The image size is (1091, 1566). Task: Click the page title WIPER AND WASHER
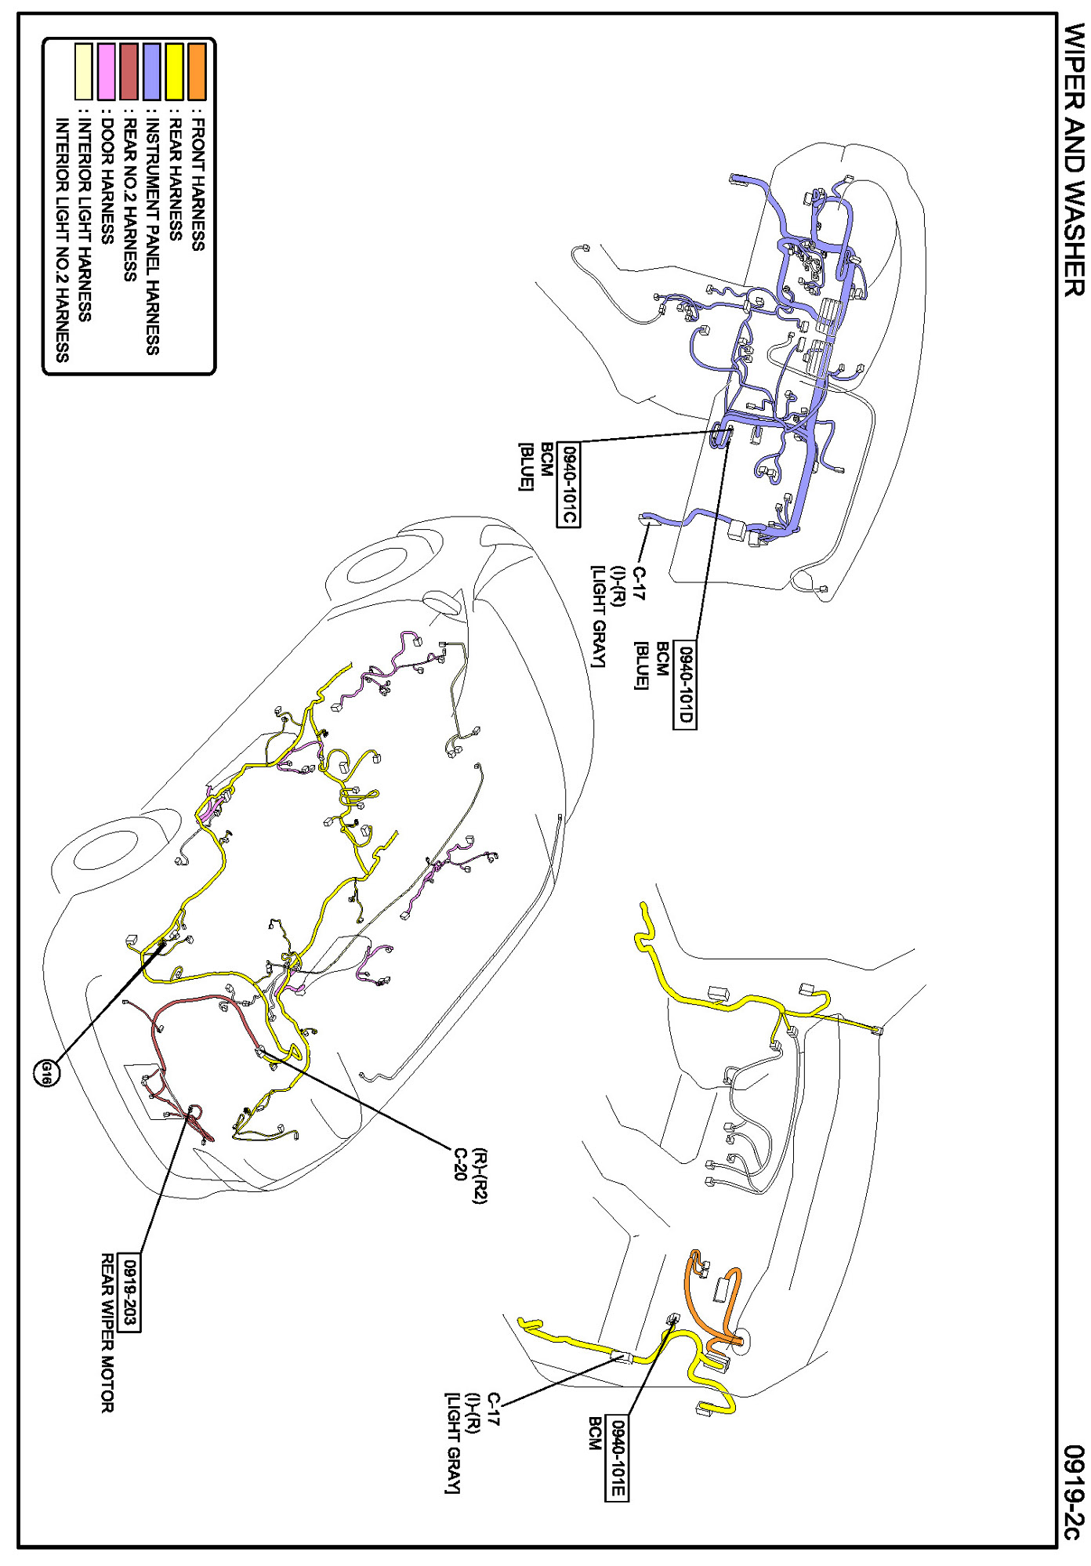pyautogui.click(x=1073, y=161)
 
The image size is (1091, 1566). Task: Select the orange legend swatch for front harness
pyautogui.click(x=197, y=71)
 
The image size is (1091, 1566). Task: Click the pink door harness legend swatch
pyautogui.click(x=107, y=71)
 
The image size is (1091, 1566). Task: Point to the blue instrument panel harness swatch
pyautogui.click(x=152, y=71)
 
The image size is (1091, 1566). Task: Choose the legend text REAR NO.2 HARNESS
pyautogui.click(x=130, y=201)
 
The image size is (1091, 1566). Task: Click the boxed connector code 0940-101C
pyautogui.click(x=569, y=486)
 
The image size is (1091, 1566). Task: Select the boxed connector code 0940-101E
pyautogui.click(x=618, y=1459)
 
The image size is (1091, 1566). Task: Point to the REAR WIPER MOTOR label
pyautogui.click(x=107, y=1333)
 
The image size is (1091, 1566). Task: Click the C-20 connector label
pyautogui.click(x=461, y=1164)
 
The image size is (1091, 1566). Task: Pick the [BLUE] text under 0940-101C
pyautogui.click(x=525, y=467)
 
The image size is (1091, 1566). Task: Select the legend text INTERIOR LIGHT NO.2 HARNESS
pyautogui.click(x=63, y=240)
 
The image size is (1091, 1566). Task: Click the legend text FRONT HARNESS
pyautogui.click(x=198, y=185)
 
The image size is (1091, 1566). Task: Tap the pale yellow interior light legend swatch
pyautogui.click(x=84, y=71)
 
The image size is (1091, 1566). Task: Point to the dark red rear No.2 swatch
pyautogui.click(x=129, y=71)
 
